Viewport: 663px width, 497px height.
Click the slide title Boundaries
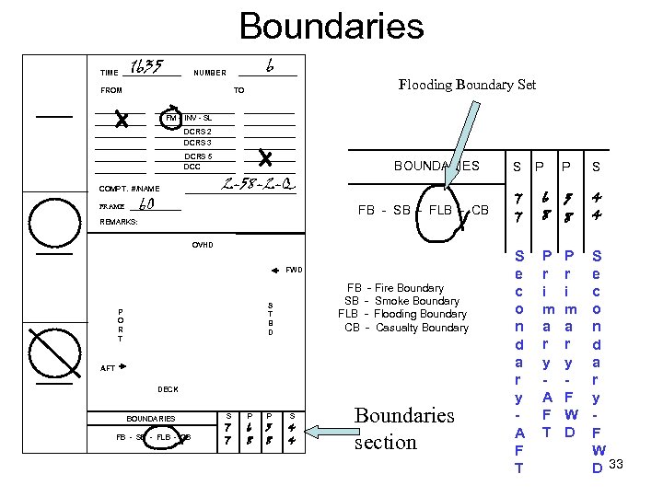(x=331, y=26)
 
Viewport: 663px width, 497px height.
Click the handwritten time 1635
(x=147, y=67)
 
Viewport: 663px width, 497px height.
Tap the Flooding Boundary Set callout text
(x=467, y=85)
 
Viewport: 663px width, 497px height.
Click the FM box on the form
(x=170, y=119)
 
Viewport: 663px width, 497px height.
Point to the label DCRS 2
(x=197, y=131)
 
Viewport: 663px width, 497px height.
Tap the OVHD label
(x=203, y=245)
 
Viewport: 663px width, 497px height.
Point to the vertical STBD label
(x=270, y=318)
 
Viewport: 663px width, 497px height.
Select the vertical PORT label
(x=120, y=325)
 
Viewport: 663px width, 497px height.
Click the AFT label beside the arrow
(x=108, y=367)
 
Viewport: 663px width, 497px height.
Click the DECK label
(x=168, y=389)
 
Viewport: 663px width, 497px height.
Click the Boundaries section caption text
(x=404, y=429)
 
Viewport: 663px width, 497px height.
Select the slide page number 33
(x=616, y=463)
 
